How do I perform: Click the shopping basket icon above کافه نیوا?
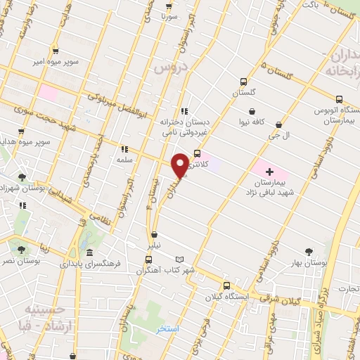(252, 111)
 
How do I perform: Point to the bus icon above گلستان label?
(243, 81)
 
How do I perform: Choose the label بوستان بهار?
(309, 262)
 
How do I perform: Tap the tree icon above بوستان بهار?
(309, 250)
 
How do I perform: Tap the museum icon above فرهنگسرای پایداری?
(89, 253)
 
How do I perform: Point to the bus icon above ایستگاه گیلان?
(225, 285)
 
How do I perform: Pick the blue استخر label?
(169, 328)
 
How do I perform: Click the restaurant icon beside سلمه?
(124, 149)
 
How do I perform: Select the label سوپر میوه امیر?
(53, 61)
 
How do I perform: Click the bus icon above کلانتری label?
(197, 153)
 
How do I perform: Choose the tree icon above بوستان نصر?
(20, 249)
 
